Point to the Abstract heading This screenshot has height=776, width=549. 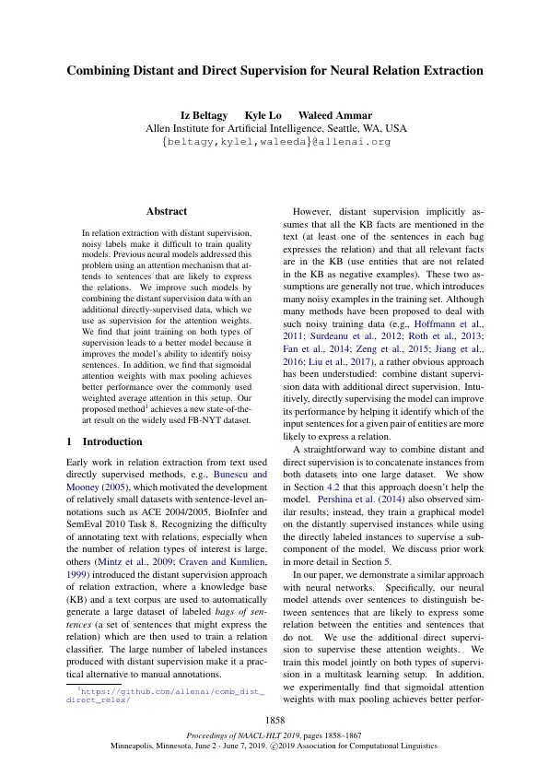[x=167, y=212]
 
